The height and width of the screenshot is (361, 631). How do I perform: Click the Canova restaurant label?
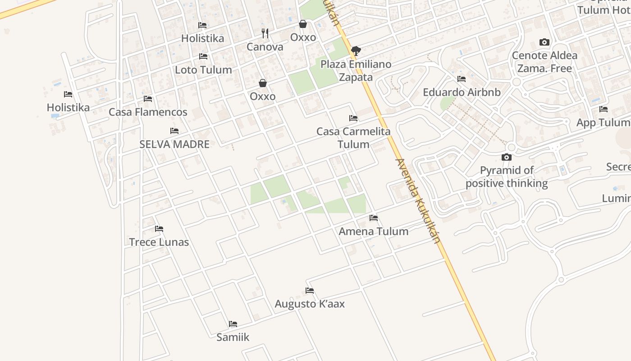(x=265, y=47)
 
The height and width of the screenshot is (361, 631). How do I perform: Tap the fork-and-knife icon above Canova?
(x=265, y=33)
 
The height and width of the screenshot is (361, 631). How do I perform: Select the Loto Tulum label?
(x=203, y=70)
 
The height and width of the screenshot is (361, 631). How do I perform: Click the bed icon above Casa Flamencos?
(x=148, y=99)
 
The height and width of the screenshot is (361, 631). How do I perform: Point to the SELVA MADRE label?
(x=174, y=144)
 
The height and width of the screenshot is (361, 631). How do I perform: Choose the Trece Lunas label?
(x=159, y=242)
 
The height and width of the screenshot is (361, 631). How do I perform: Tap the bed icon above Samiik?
(x=233, y=324)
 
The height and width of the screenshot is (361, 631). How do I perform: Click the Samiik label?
(x=233, y=337)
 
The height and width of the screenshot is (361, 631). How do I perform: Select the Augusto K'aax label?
(x=310, y=304)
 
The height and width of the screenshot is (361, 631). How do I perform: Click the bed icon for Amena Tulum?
(x=374, y=218)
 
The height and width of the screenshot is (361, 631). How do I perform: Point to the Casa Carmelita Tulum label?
(x=353, y=138)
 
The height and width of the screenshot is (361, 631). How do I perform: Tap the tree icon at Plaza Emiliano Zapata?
(x=356, y=50)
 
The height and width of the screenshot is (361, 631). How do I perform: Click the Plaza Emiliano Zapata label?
(x=356, y=71)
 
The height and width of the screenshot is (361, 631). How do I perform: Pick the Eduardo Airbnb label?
(x=462, y=93)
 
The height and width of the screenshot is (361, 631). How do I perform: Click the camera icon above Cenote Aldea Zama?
(x=544, y=42)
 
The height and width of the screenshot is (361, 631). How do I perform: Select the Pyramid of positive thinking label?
(x=507, y=177)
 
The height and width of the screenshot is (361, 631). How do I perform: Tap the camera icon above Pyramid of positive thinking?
(x=507, y=157)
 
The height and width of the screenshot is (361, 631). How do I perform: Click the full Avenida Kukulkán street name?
(x=417, y=201)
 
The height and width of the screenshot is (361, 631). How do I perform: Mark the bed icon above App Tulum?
(x=604, y=109)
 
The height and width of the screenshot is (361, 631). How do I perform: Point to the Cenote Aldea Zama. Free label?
(x=544, y=62)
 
